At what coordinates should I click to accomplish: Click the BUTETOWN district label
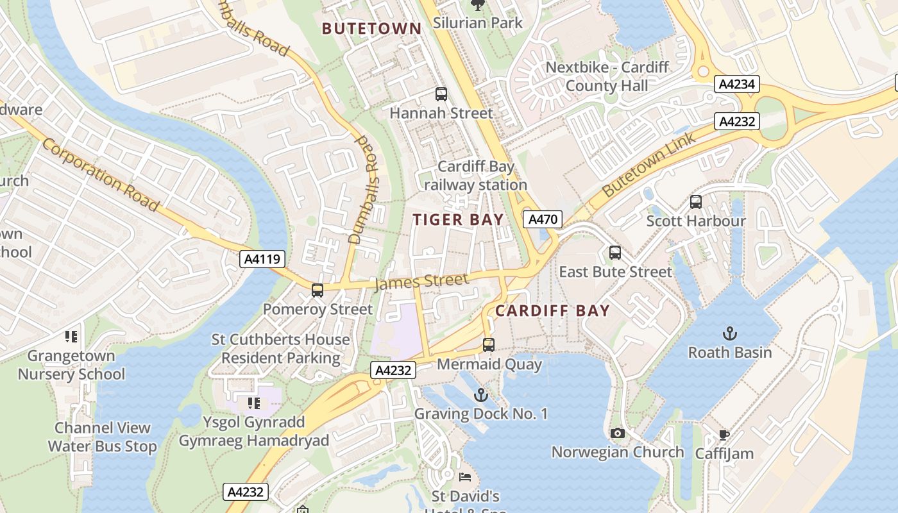click(371, 28)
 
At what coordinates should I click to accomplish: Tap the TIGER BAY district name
click(458, 220)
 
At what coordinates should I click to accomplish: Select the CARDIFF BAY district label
click(552, 311)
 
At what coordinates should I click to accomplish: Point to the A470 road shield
click(543, 219)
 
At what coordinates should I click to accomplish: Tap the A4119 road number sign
click(262, 259)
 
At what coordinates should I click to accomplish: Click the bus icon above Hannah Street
click(441, 94)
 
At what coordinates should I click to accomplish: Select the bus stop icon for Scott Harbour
click(696, 202)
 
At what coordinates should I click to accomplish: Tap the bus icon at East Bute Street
click(615, 253)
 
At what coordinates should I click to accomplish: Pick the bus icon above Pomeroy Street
click(318, 290)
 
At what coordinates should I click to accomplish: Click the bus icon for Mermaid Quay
click(489, 345)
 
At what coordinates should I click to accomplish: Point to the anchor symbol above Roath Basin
click(729, 333)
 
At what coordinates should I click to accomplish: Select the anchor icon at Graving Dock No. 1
click(480, 395)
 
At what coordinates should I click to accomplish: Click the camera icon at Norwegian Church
click(618, 433)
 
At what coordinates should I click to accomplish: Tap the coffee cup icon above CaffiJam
click(724, 435)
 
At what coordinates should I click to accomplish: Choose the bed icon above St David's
click(465, 477)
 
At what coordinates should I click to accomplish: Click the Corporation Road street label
click(100, 174)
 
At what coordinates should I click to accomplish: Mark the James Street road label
click(421, 281)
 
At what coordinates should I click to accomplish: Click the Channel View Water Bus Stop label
click(103, 437)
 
